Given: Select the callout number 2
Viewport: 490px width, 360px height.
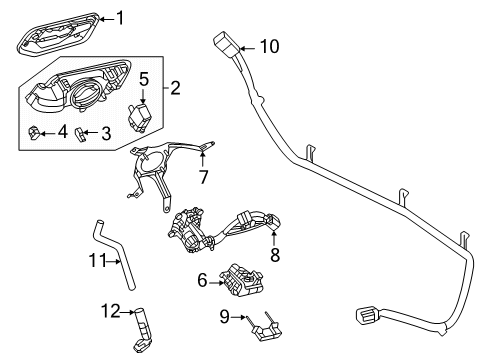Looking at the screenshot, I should pos(175,89).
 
